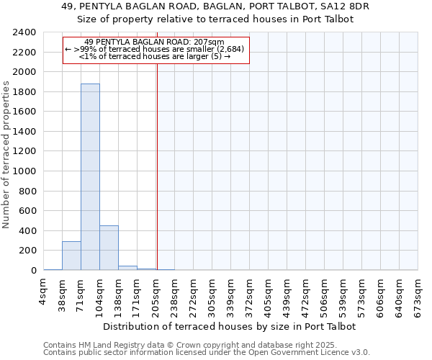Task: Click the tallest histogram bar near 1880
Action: click(90, 176)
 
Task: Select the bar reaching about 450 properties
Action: click(109, 248)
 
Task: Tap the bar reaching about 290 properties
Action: click(71, 256)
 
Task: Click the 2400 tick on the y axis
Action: click(24, 33)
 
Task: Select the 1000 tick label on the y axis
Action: click(24, 171)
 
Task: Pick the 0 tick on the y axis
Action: click(33, 271)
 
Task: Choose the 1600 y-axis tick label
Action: click(24, 112)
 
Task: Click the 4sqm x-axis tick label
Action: click(44, 292)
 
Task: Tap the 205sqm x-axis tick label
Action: click(156, 294)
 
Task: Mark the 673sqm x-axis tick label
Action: click(418, 294)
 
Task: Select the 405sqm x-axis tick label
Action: click(269, 294)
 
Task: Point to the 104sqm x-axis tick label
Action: click(100, 294)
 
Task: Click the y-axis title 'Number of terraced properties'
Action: click(6, 155)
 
